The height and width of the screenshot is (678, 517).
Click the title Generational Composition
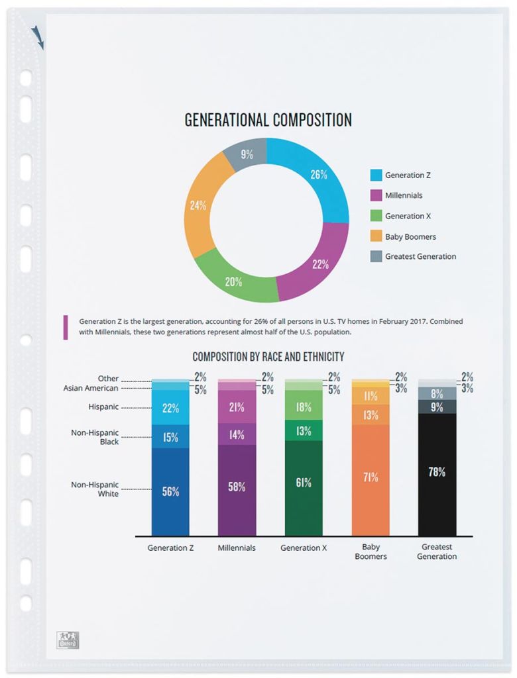pyautogui.click(x=268, y=120)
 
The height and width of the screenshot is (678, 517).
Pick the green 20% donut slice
pyautogui.click(x=233, y=281)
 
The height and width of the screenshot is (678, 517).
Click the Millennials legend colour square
pyautogui.click(x=375, y=195)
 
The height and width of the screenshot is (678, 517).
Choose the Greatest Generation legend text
pyautogui.click(x=420, y=256)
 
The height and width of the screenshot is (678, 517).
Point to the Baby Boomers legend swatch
pyautogui.click(x=375, y=236)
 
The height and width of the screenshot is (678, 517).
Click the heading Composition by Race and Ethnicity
pyautogui.click(x=268, y=357)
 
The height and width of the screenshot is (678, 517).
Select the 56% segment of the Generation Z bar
pyautogui.click(x=170, y=491)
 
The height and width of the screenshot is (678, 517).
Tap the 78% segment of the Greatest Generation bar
pyautogui.click(x=437, y=473)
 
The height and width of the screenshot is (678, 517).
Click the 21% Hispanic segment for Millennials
pyautogui.click(x=237, y=407)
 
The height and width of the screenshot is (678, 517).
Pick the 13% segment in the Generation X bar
pyautogui.click(x=304, y=431)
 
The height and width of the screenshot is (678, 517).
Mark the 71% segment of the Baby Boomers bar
pyautogui.click(x=371, y=477)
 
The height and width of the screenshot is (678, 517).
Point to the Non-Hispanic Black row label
pyautogui.click(x=95, y=437)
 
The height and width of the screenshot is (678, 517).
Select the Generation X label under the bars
pyautogui.click(x=304, y=548)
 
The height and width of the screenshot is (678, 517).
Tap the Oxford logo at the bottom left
pyautogui.click(x=67, y=640)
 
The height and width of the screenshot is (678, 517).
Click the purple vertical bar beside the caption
pyautogui.click(x=65, y=327)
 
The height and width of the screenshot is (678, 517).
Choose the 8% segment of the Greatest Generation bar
pyautogui.click(x=437, y=393)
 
